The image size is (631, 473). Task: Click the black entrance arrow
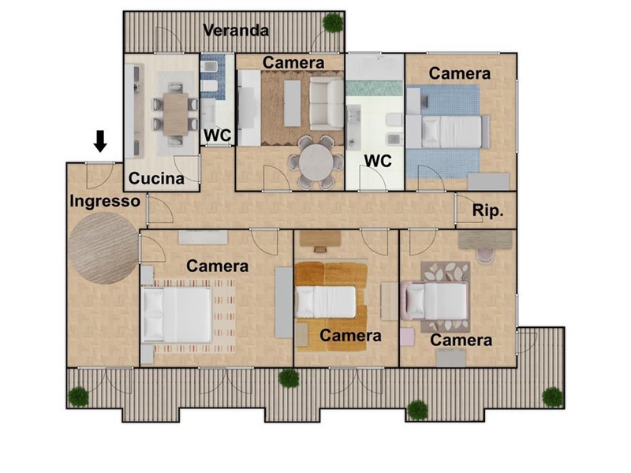pyautogui.click(x=100, y=141)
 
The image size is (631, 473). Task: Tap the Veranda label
pyautogui.click(x=236, y=31)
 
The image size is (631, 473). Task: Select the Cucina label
pyautogui.click(x=156, y=178)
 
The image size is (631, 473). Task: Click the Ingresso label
pyautogui.click(x=105, y=201)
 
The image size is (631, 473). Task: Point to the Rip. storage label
pyautogui.click(x=487, y=210)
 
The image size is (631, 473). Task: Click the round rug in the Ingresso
pyautogui.click(x=103, y=248)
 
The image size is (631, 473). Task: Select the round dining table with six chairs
pyautogui.click(x=316, y=163)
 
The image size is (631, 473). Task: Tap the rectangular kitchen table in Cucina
pyautogui.click(x=175, y=114)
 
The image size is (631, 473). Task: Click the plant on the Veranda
pyautogui.click(x=333, y=23)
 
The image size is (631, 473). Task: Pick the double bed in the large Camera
pyautogui.click(x=177, y=315)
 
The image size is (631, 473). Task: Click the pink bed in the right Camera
pyautogui.click(x=435, y=300)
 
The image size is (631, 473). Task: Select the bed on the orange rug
pyautogui.click(x=326, y=302)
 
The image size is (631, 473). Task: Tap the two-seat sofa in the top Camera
pyautogui.click(x=327, y=104)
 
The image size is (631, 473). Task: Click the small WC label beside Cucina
pyautogui.click(x=218, y=136)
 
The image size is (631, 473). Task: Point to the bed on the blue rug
pyautogui.click(x=448, y=132)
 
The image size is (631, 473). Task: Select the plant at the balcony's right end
pyautogui.click(x=553, y=397)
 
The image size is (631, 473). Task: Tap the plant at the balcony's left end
pyautogui.click(x=78, y=397)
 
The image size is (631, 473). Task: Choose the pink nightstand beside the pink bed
pyautogui.click(x=407, y=337)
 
